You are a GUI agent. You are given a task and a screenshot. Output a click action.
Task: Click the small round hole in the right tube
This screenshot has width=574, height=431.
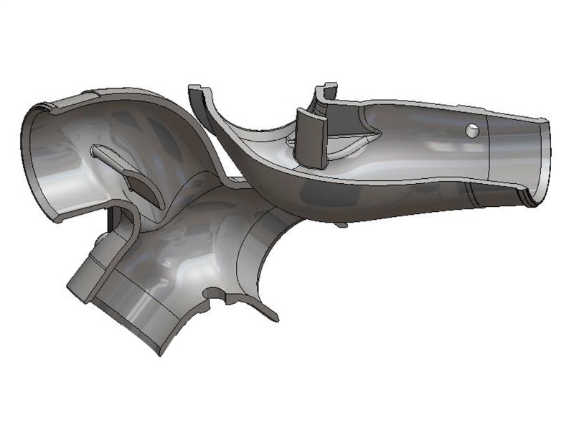(471, 130)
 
